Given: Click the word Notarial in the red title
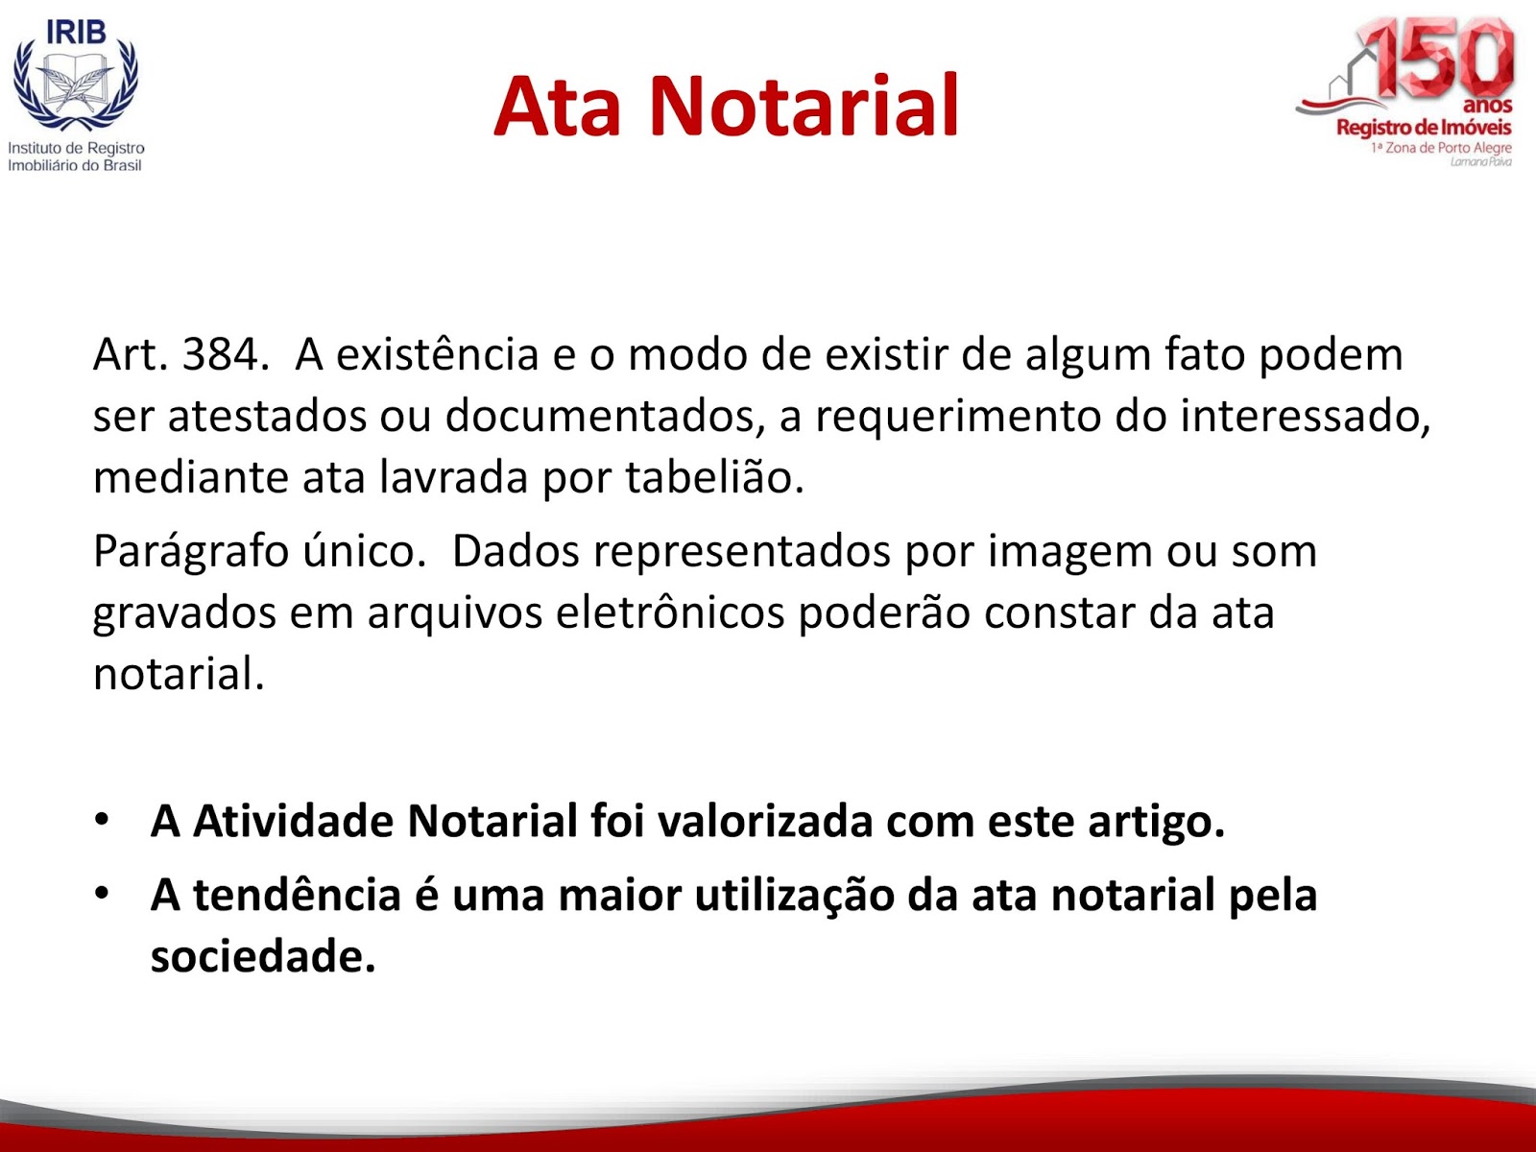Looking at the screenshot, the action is [804, 107].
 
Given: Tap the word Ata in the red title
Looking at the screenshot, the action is [557, 107].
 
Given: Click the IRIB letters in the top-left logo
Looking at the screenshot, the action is [76, 32].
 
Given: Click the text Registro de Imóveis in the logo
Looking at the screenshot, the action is [1424, 128].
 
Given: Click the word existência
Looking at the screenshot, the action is [438, 354].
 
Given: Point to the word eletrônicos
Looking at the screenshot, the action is [670, 612].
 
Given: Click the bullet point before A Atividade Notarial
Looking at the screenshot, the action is [102, 819].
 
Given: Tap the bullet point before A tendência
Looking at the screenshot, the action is [102, 893].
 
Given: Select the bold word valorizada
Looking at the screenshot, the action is [765, 820].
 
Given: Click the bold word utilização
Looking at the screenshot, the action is [794, 896].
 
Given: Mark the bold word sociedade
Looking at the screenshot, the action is [263, 955].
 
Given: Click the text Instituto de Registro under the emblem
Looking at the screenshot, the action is [76, 148].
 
